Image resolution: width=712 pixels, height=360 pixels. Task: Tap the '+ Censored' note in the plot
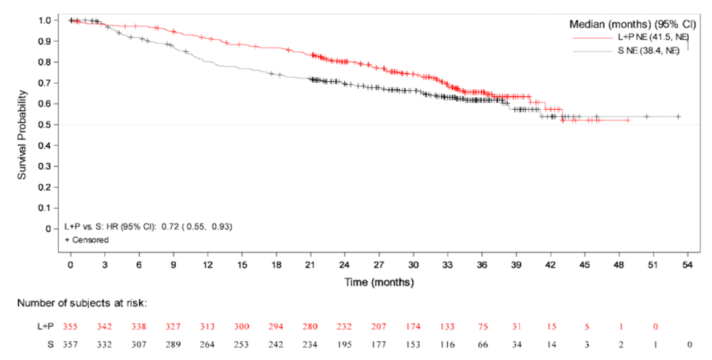pos(87,240)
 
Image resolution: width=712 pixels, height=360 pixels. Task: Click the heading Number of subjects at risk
pos(82,303)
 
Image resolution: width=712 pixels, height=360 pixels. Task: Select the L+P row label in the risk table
pos(45,327)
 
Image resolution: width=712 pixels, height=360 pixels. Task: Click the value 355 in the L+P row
pos(71,327)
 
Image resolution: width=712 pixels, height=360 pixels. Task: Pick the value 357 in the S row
pos(71,344)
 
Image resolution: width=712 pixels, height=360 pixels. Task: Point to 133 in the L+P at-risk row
pos(447,327)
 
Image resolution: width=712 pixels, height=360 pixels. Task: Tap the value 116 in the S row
pos(447,344)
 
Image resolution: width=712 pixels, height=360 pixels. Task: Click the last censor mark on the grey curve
pos(678,116)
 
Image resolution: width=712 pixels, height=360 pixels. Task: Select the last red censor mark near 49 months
pos(628,120)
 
